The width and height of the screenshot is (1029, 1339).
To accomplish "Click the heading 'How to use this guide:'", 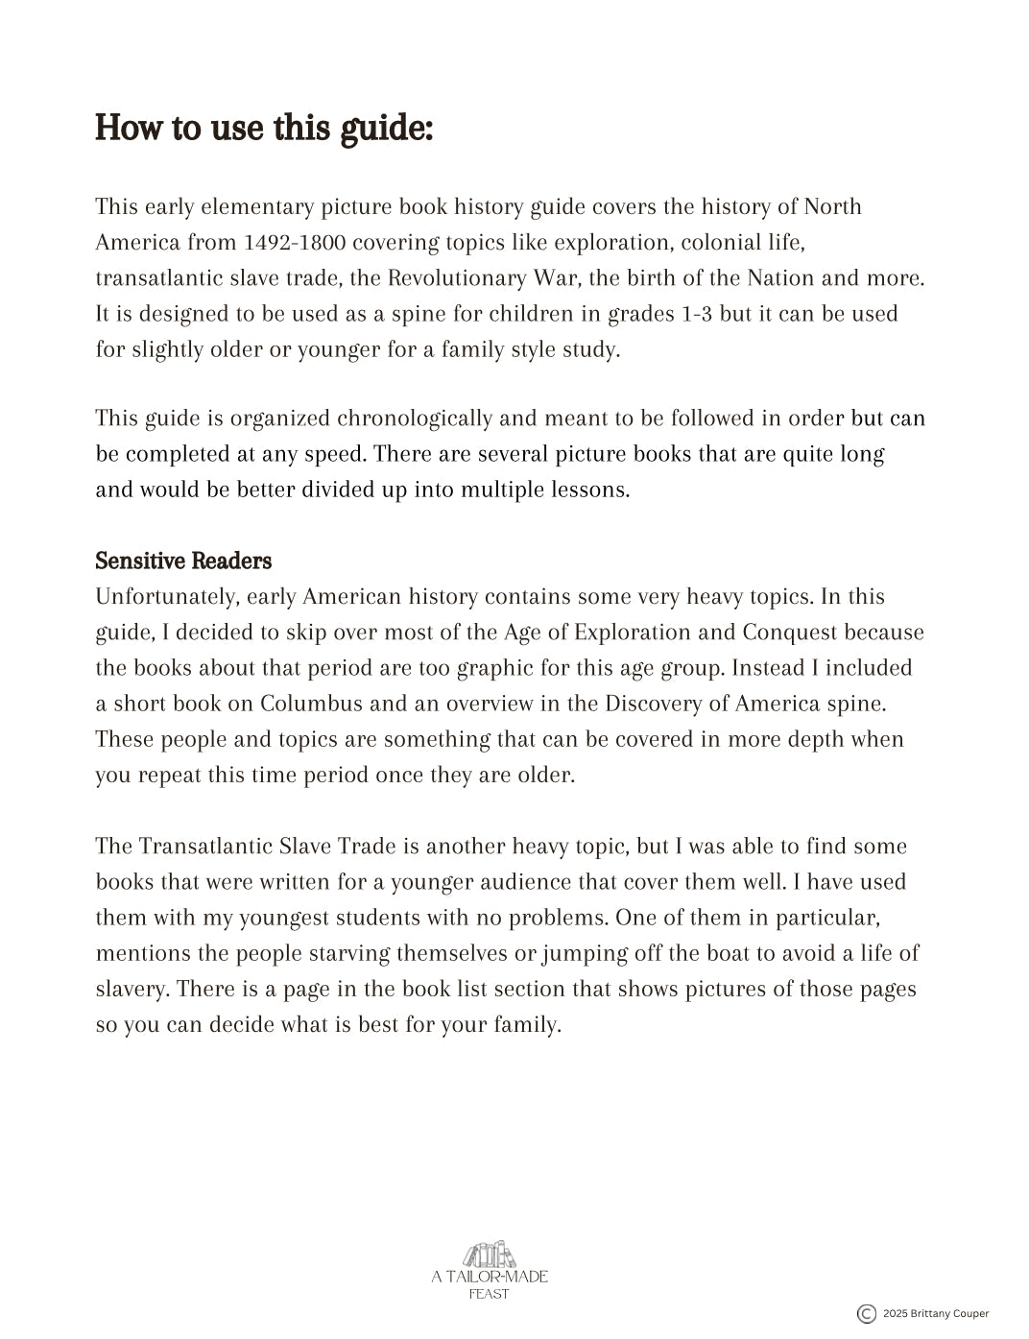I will point(264,128).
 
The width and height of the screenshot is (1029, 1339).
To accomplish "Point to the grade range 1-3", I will point(697,314).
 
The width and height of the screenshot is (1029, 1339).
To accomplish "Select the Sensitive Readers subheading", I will point(183,561).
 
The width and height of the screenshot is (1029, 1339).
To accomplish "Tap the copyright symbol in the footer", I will point(866,1314).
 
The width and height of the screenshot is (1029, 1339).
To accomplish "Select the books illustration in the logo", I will point(490,1254).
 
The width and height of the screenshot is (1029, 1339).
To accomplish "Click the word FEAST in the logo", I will point(490,1294).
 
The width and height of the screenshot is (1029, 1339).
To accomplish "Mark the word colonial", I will point(718,243).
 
